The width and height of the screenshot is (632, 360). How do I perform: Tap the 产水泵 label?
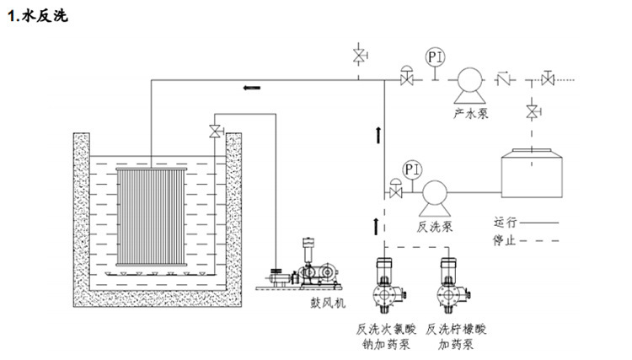(471, 113)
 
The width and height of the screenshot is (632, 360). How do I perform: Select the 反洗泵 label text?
(435, 227)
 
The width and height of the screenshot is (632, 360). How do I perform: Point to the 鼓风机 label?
(328, 303)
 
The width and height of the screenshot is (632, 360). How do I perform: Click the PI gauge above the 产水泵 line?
(436, 56)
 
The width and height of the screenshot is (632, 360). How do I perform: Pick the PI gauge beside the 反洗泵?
(412, 169)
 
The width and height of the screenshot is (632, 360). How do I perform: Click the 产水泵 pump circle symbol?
(469, 80)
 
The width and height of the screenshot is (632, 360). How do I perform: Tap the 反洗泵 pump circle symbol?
(435, 193)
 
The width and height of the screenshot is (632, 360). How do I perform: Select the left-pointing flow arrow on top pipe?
(252, 88)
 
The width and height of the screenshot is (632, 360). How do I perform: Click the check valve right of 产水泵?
(503, 78)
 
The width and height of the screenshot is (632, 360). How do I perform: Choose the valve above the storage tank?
(533, 111)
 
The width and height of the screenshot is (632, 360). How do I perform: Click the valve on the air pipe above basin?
(216, 131)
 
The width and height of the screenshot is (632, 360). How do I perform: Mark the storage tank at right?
(532, 173)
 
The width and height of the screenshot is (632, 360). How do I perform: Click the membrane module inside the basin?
(152, 217)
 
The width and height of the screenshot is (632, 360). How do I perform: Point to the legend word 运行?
(505, 222)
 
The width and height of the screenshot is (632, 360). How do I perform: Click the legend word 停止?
(504, 240)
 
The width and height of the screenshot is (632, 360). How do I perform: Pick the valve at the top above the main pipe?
(359, 56)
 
